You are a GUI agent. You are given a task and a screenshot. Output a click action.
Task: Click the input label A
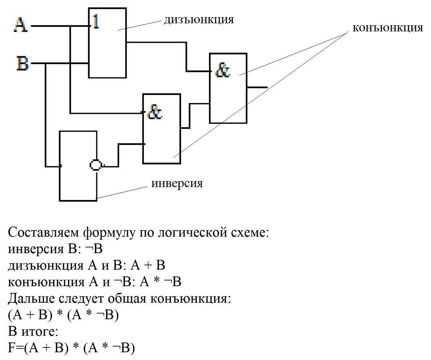point(21,25)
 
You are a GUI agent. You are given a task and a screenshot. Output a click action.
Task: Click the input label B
point(22,63)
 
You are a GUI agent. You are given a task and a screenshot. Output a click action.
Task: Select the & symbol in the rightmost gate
point(223,70)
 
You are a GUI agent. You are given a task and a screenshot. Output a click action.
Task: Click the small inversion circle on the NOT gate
point(96,165)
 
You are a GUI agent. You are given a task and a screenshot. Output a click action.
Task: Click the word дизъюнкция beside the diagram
point(199,20)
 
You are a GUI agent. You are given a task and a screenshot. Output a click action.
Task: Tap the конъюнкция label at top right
point(388,28)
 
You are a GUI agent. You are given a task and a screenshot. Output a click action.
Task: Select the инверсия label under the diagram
point(177,183)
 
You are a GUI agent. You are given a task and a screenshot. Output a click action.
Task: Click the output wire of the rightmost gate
point(258,87)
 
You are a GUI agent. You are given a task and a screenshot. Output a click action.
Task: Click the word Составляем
point(44,233)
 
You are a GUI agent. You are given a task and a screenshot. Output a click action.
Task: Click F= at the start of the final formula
point(15,348)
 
